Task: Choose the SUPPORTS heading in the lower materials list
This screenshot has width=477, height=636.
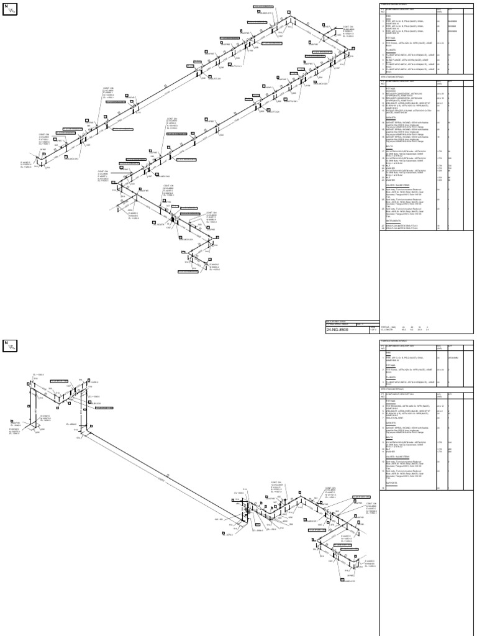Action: click(388, 483)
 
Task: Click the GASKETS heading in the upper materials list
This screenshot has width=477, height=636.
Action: click(388, 116)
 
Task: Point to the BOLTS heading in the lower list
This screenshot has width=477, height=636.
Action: click(386, 438)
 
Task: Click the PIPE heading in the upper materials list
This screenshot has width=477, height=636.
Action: click(384, 16)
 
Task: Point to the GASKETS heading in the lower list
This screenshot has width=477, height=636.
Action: click(388, 424)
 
